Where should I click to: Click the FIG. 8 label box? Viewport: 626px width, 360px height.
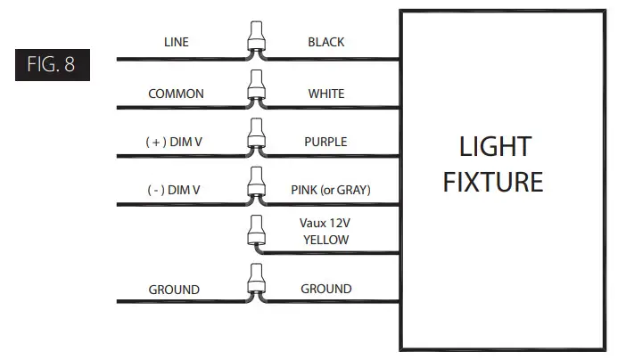[52, 66]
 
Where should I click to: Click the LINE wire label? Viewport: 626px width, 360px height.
[176, 42]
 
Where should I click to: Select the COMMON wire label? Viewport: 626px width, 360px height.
[176, 94]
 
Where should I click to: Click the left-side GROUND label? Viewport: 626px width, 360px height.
[174, 290]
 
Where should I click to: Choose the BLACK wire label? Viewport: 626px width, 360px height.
[325, 42]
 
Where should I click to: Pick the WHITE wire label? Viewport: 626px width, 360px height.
[325, 94]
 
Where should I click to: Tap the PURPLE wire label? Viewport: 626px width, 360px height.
[325, 142]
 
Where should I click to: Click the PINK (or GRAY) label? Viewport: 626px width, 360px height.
[331, 190]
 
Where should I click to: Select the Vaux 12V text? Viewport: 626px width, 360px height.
[325, 225]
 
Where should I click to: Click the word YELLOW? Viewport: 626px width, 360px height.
[325, 240]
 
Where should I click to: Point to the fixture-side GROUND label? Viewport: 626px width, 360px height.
[325, 289]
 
